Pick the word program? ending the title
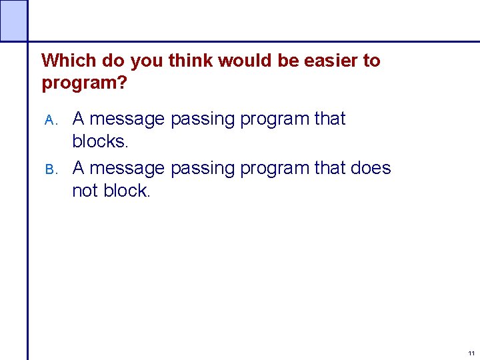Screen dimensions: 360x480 (84, 83)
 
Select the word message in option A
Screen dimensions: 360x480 (127, 119)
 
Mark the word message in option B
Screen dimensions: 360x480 (127, 169)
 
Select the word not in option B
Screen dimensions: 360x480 (85, 191)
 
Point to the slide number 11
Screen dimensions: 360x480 (471, 353)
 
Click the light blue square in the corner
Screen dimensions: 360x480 (13, 20)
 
